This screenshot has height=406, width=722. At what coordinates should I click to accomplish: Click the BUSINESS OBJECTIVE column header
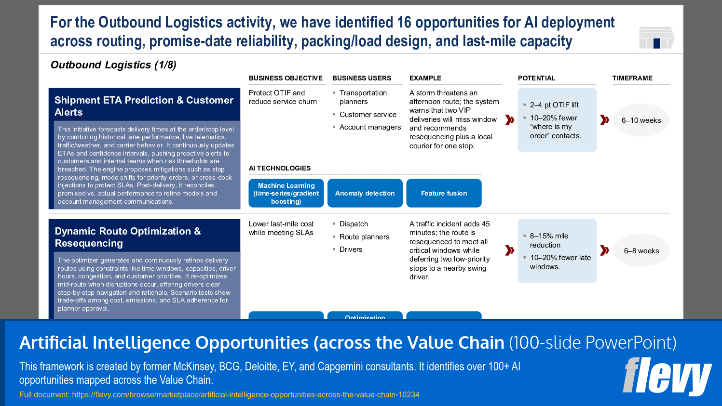(286, 78)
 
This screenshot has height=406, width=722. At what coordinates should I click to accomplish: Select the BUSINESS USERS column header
(361, 78)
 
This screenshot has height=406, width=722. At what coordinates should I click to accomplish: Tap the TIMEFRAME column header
(632, 78)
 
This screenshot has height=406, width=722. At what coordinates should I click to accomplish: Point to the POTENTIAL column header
(536, 78)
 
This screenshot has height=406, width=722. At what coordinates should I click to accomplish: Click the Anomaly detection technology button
(365, 193)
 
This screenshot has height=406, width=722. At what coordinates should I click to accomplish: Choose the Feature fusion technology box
(444, 193)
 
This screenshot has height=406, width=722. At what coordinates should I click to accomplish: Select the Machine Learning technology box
(286, 193)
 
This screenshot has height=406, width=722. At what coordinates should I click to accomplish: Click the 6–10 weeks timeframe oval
(641, 120)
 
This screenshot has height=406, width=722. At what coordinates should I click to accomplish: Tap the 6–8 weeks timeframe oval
(641, 251)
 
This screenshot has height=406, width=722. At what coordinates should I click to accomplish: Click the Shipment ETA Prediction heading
(144, 106)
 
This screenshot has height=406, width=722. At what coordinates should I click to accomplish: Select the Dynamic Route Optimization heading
(128, 237)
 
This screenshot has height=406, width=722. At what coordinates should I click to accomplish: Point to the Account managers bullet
(370, 127)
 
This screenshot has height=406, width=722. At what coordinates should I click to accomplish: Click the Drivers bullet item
(351, 249)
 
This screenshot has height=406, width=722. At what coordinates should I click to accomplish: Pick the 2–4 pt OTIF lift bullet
(554, 105)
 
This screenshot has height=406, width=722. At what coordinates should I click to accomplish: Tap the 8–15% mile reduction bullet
(549, 240)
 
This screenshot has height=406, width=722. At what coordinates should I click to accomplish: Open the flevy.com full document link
(245, 394)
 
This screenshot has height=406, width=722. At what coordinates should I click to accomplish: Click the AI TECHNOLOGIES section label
(280, 168)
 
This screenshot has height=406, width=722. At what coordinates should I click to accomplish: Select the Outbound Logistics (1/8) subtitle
(113, 65)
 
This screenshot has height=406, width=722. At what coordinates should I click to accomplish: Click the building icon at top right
(656, 38)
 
